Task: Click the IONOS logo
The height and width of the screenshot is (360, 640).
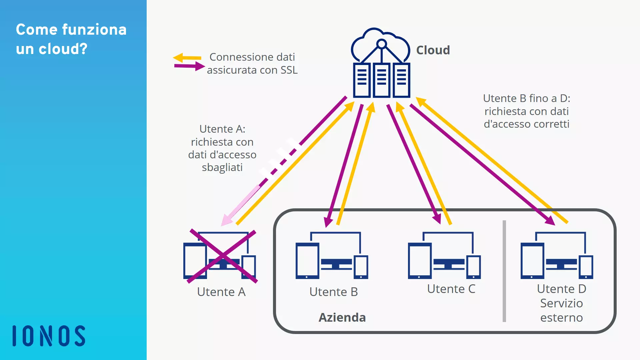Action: point(49,336)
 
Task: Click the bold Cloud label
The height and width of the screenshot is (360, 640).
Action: point(433,50)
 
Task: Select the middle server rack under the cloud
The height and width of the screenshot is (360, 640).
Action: point(381,80)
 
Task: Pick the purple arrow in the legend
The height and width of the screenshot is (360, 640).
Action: point(189,66)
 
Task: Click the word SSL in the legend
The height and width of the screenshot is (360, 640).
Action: point(289,70)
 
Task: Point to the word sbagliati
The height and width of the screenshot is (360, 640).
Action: point(222,167)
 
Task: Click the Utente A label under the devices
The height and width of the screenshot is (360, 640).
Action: point(221,292)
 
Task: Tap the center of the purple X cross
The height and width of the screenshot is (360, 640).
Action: point(222,256)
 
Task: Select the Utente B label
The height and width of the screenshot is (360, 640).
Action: point(333,292)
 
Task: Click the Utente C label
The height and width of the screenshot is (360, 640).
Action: point(451,289)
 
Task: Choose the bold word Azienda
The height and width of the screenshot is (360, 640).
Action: point(342,318)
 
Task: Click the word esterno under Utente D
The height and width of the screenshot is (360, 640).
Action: point(561,318)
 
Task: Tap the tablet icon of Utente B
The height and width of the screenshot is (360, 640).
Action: point(307,261)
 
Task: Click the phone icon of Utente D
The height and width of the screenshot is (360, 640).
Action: point(586,267)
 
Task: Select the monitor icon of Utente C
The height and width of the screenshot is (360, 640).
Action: point(449,263)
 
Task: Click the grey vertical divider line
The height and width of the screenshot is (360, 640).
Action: point(504,271)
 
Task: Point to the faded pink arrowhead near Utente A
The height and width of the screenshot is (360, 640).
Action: point(227,220)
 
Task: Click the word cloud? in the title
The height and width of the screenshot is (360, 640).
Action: point(63,49)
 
